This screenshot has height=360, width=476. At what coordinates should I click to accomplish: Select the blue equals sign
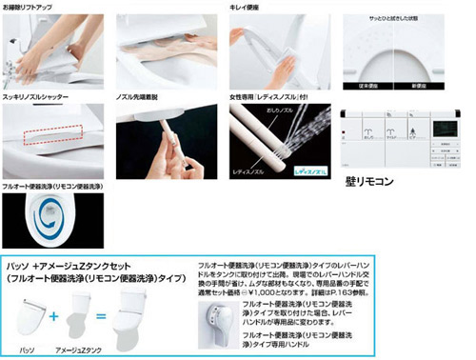pos(99,313)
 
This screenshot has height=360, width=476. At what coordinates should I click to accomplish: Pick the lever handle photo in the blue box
pos(218,327)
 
